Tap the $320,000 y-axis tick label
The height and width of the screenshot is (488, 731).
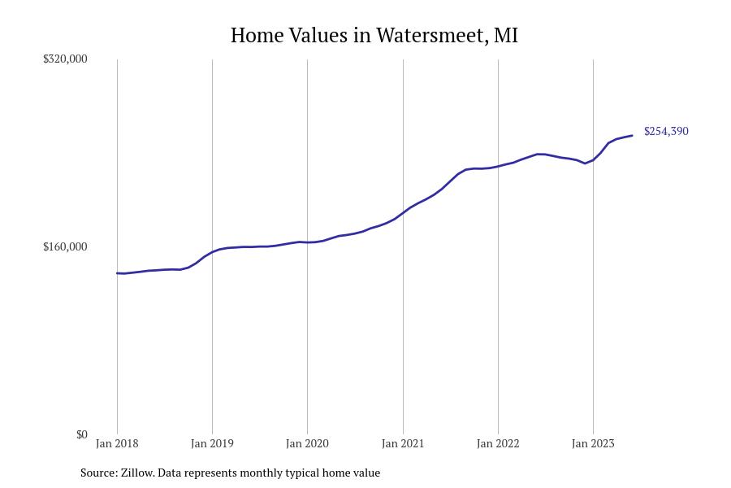(x=65, y=59)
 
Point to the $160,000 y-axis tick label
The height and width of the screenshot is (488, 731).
(x=65, y=246)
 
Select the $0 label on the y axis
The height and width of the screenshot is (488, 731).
(x=81, y=434)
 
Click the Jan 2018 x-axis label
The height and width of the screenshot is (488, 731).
(x=117, y=444)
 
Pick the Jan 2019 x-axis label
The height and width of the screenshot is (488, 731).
(x=212, y=444)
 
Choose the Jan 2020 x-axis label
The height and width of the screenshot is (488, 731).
(x=307, y=444)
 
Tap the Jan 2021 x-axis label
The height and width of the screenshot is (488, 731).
(x=403, y=444)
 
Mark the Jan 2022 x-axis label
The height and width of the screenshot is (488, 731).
(x=498, y=444)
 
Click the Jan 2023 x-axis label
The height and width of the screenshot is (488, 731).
(x=593, y=444)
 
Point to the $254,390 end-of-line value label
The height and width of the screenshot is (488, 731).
(x=666, y=131)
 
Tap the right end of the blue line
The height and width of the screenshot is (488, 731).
(x=632, y=135)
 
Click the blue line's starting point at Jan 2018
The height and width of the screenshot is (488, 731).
(x=117, y=273)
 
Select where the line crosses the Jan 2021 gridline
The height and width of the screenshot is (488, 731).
(x=403, y=212)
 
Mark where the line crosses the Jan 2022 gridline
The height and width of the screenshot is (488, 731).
(x=498, y=166)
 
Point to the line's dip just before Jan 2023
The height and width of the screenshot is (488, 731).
(x=585, y=163)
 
